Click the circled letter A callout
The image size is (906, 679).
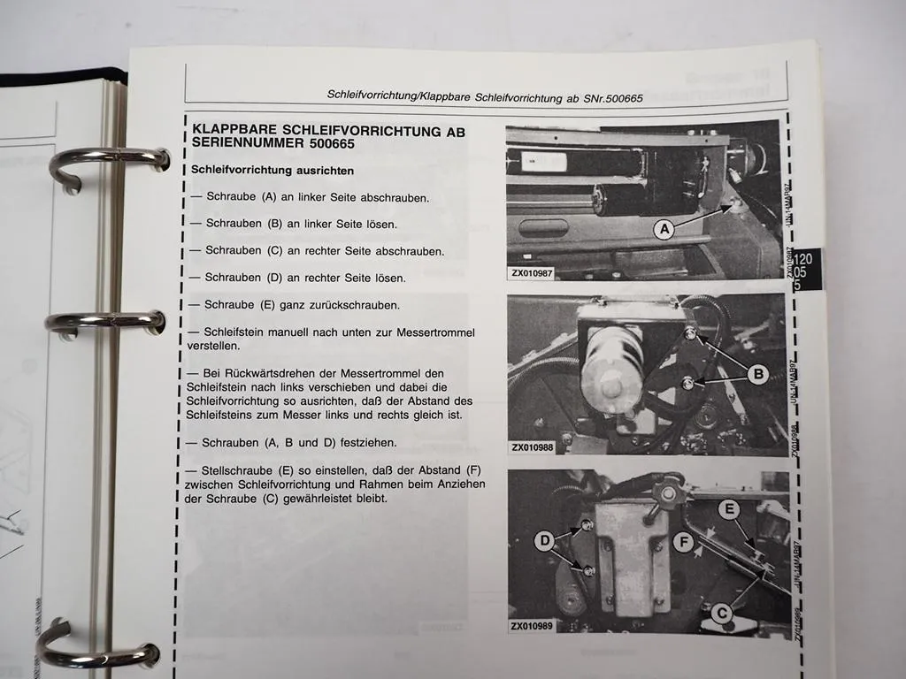point(664,229)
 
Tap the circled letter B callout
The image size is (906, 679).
point(756,374)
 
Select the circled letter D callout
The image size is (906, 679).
point(543,539)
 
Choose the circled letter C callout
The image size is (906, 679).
point(723,609)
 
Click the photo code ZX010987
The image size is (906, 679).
point(533,273)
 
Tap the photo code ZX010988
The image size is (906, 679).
point(533,447)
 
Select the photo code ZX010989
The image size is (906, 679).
point(533,626)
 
